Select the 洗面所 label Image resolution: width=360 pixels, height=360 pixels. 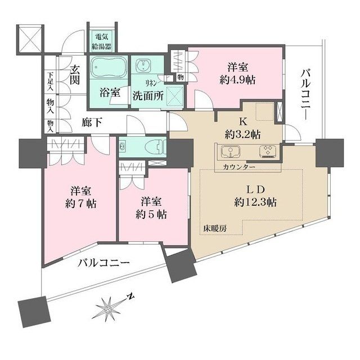[x=148, y=94]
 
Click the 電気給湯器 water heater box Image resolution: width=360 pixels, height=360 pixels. [x=102, y=40]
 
